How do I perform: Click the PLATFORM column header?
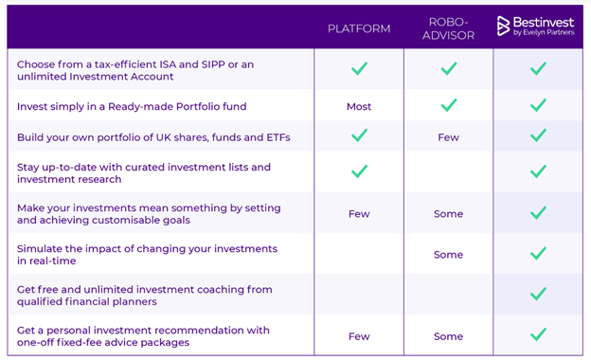tap(359, 28)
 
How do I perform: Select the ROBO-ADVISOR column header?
tap(448, 27)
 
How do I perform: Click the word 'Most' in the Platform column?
tap(359, 107)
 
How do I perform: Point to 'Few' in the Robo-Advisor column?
tap(448, 137)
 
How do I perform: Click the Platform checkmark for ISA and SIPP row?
tap(359, 68)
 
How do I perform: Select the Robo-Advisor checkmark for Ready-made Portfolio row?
tap(448, 105)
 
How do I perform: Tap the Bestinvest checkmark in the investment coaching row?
tap(538, 294)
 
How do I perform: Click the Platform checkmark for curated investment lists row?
tap(359, 172)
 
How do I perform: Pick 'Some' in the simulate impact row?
tap(448, 254)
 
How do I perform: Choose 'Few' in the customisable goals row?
tap(359, 214)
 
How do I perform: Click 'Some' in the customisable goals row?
tap(448, 214)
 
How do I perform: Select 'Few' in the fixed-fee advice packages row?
tap(359, 336)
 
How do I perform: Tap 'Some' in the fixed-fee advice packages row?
tap(448, 336)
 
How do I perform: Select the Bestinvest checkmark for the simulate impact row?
tap(538, 253)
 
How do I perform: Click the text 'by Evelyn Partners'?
tap(545, 32)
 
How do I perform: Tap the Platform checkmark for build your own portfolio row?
tap(359, 135)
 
